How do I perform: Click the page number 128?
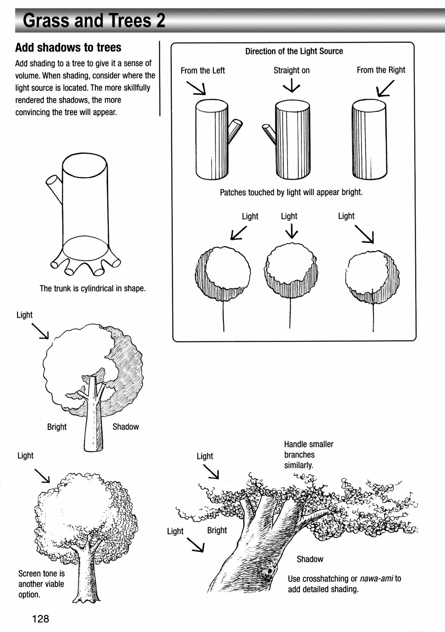(41, 618)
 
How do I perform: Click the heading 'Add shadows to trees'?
(68, 47)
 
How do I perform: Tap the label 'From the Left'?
(202, 71)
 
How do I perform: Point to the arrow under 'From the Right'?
(386, 88)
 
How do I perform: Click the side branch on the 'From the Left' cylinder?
(235, 131)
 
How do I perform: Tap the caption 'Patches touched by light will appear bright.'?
(291, 192)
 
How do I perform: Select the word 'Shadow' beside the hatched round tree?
(126, 427)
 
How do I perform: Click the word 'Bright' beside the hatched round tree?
(57, 427)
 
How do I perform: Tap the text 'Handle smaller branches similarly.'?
(308, 454)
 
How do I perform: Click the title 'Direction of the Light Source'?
(294, 51)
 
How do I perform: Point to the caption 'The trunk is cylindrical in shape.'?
(92, 288)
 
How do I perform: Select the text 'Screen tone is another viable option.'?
(41, 584)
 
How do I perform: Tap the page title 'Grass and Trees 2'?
(94, 21)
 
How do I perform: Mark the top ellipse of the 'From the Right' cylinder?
(369, 105)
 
